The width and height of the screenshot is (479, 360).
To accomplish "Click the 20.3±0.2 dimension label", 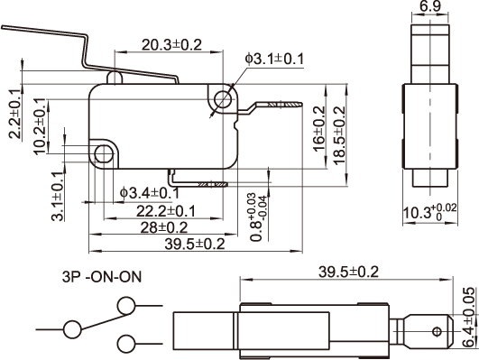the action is [171, 45].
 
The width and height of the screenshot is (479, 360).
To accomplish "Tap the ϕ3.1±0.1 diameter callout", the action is [274, 59].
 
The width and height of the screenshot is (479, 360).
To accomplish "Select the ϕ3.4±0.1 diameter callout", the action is [150, 193].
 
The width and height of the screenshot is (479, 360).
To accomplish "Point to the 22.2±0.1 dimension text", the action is [165, 211].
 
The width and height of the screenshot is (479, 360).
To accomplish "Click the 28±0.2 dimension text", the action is [164, 227].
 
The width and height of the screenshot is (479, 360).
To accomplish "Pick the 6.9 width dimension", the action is [430, 6].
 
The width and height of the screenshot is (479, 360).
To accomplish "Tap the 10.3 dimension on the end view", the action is [430, 212].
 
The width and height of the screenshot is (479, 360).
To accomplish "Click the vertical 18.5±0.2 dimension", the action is [339, 135].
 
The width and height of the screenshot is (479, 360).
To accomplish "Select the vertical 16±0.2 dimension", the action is [319, 128].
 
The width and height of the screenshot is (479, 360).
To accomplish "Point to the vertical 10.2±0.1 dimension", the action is [40, 126].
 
